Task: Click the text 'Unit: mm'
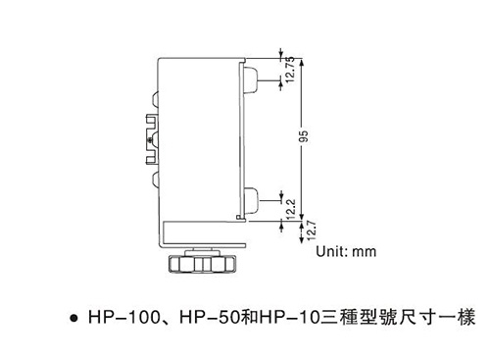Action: tap(345, 251)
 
